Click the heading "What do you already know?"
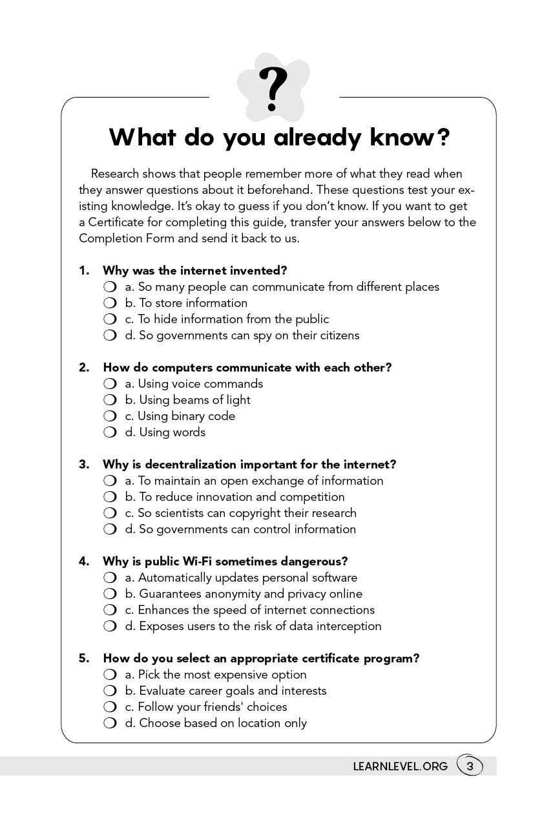(279, 137)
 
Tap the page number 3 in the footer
(470, 766)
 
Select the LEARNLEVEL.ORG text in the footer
(400, 766)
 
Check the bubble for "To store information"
(110, 303)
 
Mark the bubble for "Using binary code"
(110, 416)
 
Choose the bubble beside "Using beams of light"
(110, 400)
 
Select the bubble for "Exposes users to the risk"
(110, 626)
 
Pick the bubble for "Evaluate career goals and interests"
(110, 691)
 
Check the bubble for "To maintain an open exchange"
(110, 481)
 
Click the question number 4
(84, 562)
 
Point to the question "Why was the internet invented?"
(194, 270)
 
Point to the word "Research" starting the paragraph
(115, 174)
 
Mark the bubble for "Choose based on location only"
(110, 723)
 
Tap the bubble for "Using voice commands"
(110, 384)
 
